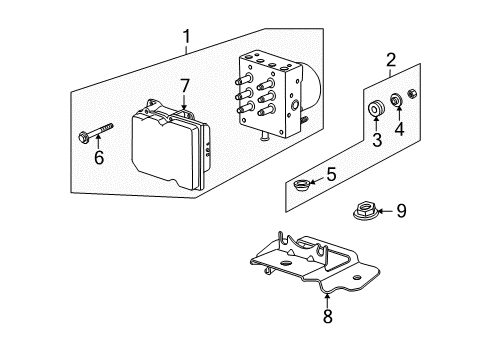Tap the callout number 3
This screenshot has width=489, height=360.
(x=377, y=140)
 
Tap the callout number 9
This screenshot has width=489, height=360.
(x=401, y=210)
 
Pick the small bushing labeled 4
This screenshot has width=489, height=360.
(x=398, y=101)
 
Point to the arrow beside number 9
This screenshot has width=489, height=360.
(x=383, y=210)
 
